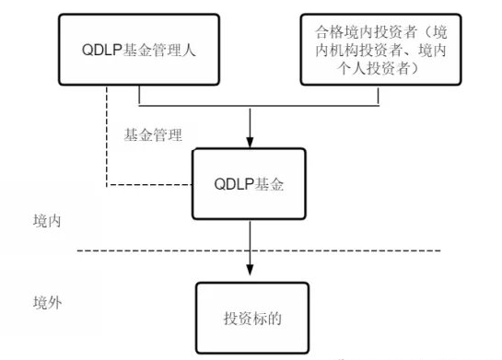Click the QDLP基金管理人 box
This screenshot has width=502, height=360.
(138, 50)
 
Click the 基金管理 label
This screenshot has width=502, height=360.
(151, 134)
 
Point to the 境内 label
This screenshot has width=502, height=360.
(48, 222)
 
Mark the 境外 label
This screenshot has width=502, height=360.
(48, 301)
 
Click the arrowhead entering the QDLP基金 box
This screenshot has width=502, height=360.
(251, 143)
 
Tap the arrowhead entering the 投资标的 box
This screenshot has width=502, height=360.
(251, 269)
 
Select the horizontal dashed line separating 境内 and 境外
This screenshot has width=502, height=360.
(368, 250)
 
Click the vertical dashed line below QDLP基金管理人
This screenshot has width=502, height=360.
(108, 138)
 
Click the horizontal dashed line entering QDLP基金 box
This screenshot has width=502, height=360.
(147, 186)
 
